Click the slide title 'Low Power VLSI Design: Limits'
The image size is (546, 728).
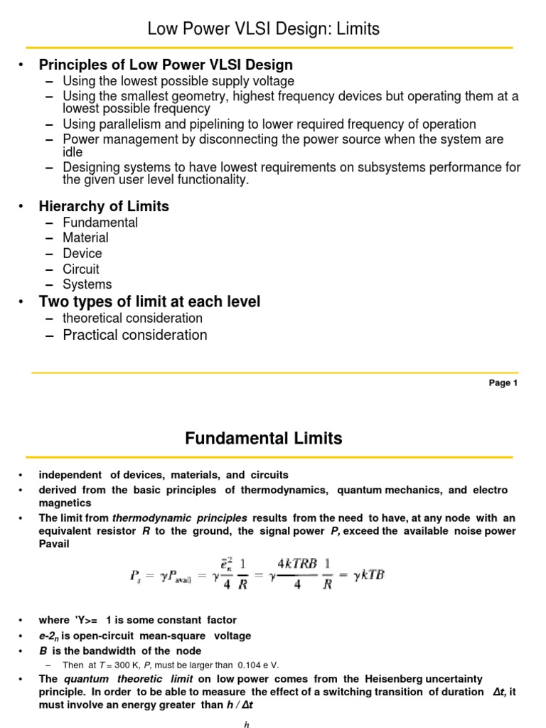point(263,29)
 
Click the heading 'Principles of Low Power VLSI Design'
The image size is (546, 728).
point(177,65)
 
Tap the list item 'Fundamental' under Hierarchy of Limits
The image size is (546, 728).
point(100,223)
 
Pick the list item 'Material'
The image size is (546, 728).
point(85,238)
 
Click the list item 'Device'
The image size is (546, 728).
point(82,254)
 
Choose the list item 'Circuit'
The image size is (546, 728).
point(81,269)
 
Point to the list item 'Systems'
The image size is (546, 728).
point(87,284)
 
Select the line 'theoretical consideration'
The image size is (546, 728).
point(132,318)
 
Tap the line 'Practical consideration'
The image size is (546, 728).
point(135,335)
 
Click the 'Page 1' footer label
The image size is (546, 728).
point(499,383)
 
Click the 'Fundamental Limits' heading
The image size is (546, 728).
point(264,439)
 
